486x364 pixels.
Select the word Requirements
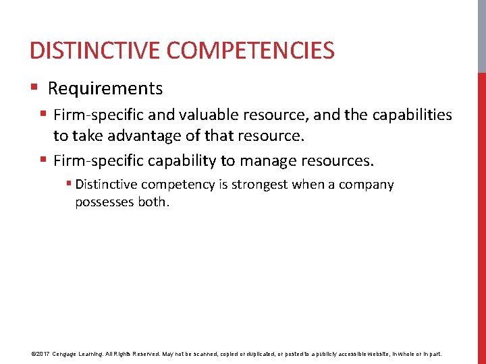[105, 88]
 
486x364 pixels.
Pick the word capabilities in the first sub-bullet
[410, 115]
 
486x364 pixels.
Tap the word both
[152, 202]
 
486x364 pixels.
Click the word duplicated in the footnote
[261, 353]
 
